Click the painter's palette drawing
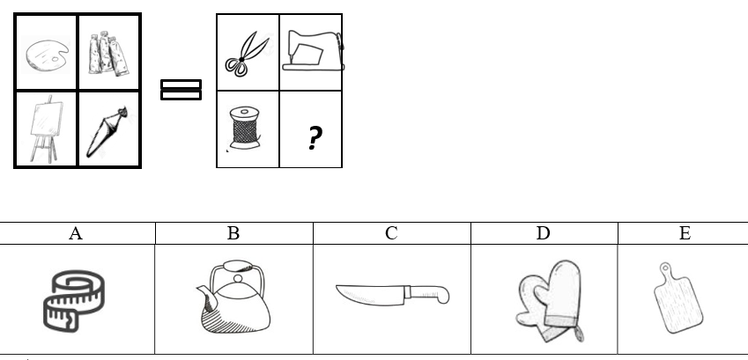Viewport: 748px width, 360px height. [x=48, y=56]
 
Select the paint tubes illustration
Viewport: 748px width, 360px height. [x=108, y=53]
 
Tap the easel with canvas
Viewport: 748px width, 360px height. [x=47, y=129]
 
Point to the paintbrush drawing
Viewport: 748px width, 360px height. [x=107, y=132]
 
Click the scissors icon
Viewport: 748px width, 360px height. [x=247, y=54]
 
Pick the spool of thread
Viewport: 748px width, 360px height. [x=245, y=129]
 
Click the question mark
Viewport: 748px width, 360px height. [x=314, y=138]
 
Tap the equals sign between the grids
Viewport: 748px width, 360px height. [x=181, y=90]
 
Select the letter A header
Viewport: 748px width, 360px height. [x=76, y=233]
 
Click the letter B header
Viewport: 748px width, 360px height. [x=233, y=233]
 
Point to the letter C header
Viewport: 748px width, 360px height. [x=391, y=233]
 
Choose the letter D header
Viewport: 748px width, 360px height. [x=544, y=233]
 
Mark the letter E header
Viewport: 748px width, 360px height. [x=685, y=233]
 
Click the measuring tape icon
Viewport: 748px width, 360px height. [x=74, y=300]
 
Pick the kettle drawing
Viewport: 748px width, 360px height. [x=233, y=296]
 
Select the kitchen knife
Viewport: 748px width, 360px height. [x=393, y=295]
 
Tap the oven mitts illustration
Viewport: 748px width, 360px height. [x=550, y=301]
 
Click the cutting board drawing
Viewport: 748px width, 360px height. [x=678, y=298]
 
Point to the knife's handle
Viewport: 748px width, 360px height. [x=427, y=294]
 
